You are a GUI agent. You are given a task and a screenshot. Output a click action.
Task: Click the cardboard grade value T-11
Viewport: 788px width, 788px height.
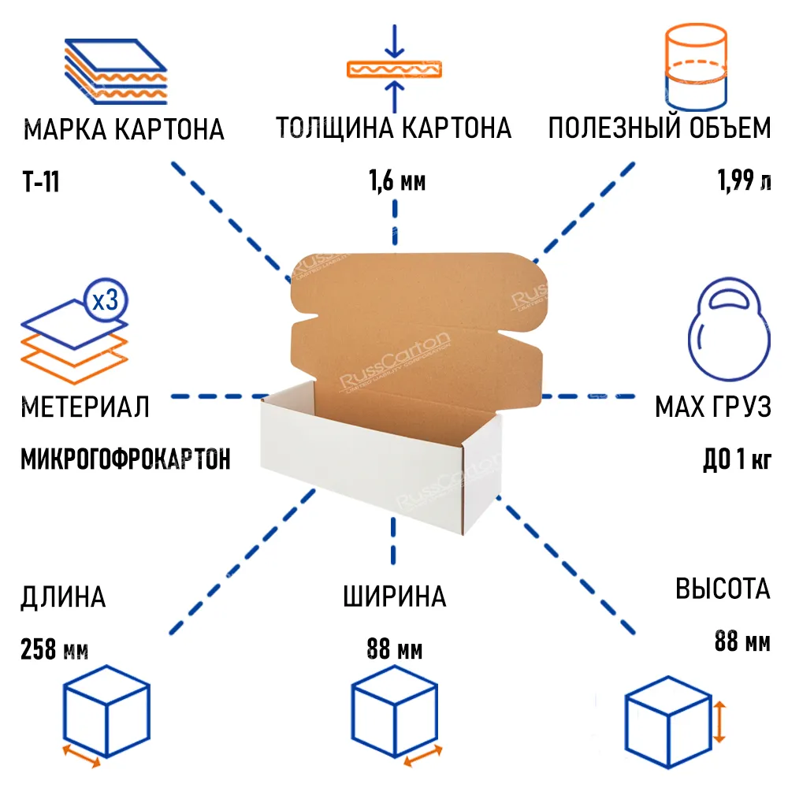[41, 181]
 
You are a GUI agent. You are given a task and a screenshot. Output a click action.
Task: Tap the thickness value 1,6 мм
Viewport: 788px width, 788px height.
[397, 180]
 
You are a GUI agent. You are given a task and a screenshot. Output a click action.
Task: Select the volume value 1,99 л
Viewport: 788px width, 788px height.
[744, 180]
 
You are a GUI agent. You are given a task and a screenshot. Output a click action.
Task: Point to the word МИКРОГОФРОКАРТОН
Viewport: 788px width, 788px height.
[125, 459]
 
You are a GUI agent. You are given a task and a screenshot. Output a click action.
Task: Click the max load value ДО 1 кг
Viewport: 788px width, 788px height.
[737, 459]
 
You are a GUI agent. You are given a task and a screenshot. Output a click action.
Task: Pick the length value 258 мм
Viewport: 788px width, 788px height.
[54, 649]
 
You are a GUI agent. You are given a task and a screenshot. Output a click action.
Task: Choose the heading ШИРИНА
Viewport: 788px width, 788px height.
[395, 597]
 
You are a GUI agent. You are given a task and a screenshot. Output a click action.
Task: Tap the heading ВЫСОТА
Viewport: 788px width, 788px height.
[723, 589]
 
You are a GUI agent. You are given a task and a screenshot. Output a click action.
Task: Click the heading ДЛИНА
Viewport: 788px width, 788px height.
[63, 597]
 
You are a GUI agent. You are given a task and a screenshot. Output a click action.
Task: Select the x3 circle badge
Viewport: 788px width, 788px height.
[106, 300]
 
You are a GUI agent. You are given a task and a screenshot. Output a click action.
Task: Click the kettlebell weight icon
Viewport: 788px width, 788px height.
[729, 329]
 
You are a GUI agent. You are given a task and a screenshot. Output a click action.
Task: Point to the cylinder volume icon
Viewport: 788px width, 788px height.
[696, 66]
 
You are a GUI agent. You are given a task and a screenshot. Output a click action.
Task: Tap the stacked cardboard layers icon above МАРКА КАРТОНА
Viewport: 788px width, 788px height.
[116, 72]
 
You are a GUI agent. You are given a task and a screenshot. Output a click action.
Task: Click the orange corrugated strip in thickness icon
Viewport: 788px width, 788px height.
[395, 69]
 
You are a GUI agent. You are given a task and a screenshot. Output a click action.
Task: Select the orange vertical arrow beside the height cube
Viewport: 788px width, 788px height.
[719, 722]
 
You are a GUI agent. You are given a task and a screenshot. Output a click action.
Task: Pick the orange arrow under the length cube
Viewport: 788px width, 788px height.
[81, 756]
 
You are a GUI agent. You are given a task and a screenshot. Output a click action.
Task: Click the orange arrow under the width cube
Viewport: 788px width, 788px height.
[423, 756]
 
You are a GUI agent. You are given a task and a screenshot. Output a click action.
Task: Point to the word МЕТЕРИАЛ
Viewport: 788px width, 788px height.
[85, 407]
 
